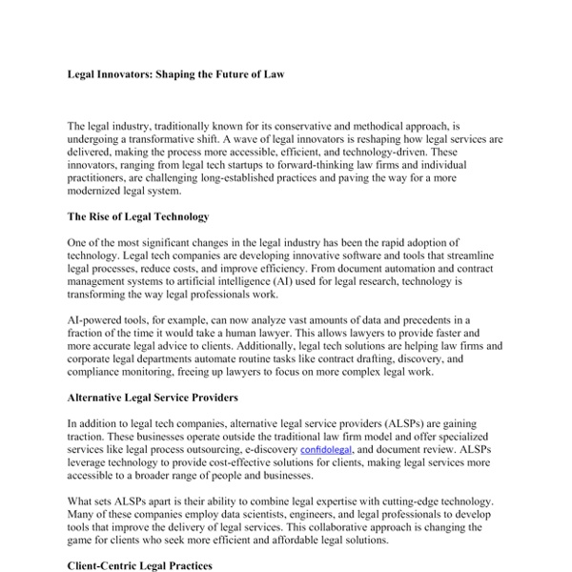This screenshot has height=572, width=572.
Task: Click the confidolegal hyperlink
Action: click(328, 447)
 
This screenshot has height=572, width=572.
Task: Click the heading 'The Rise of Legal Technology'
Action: click(138, 217)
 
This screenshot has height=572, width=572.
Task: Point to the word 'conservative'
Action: click(316, 126)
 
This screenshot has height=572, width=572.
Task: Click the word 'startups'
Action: click(257, 165)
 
